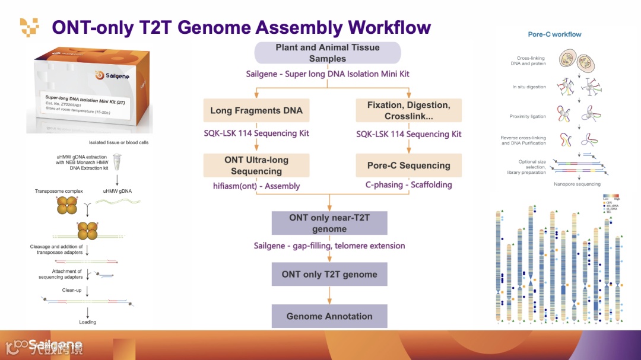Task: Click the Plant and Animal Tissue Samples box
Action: pyautogui.click(x=328, y=53)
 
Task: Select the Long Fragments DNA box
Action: pyautogui.click(x=256, y=110)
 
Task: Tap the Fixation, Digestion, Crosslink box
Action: pyautogui.click(x=408, y=110)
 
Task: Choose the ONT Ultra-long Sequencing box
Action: pyautogui.click(x=256, y=165)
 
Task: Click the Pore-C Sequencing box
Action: pyautogui.click(x=408, y=165)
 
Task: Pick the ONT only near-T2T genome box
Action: pyautogui.click(x=329, y=223)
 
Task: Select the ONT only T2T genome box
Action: pyautogui.click(x=329, y=274)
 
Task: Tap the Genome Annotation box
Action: pyautogui.click(x=329, y=316)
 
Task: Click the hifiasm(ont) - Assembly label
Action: pyautogui.click(x=256, y=186)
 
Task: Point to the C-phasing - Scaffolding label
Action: pyautogui.click(x=408, y=185)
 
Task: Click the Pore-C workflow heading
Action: pyautogui.click(x=554, y=34)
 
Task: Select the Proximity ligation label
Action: pyautogui.click(x=527, y=117)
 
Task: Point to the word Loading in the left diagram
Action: pyautogui.click(x=87, y=322)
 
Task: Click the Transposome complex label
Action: pyautogui.click(x=59, y=191)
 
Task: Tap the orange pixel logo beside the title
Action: pyautogui.click(x=29, y=27)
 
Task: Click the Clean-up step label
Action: pyautogui.click(x=72, y=290)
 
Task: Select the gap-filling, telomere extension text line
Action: pyautogui.click(x=329, y=246)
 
